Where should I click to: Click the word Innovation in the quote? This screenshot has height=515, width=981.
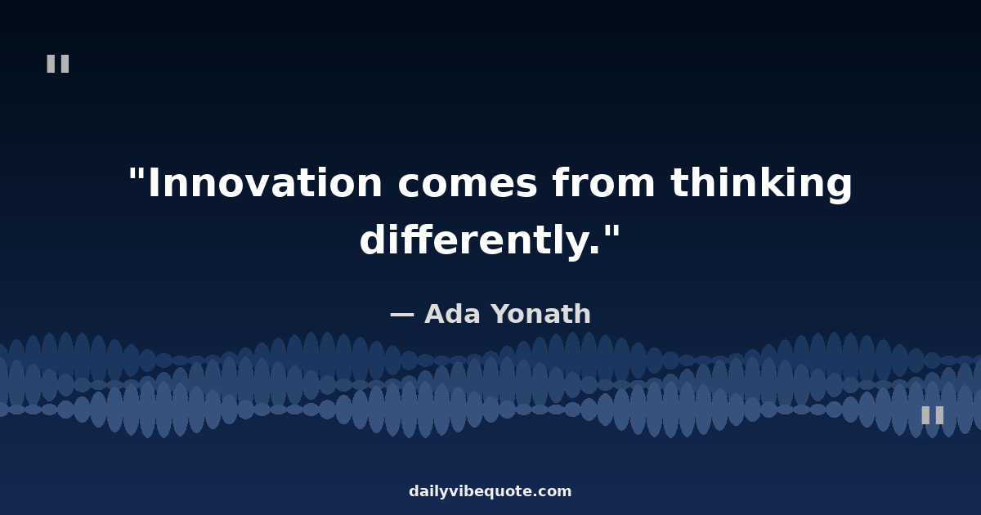[266, 182]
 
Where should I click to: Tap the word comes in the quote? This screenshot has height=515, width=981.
[468, 184]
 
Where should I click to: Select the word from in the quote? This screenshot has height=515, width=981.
[604, 181]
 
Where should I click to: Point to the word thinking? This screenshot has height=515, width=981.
[761, 185]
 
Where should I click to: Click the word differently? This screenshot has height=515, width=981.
[474, 241]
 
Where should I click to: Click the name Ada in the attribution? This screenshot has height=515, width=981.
[452, 314]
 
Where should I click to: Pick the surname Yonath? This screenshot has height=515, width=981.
[541, 314]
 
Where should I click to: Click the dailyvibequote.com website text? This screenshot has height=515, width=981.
[490, 492]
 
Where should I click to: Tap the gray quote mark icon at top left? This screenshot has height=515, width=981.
[58, 64]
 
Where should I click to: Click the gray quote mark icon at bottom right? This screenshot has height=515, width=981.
[933, 415]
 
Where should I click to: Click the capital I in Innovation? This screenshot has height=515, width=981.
[155, 182]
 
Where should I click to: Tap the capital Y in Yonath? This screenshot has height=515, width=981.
[502, 314]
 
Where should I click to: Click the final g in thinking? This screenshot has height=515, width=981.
[840, 188]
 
